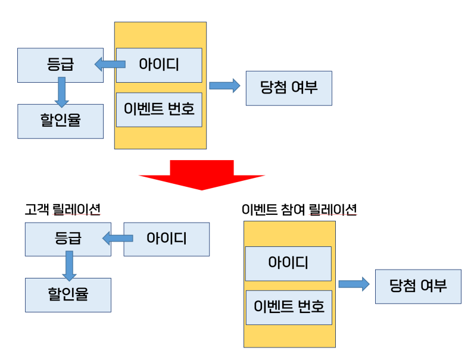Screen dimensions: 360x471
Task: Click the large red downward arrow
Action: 201,174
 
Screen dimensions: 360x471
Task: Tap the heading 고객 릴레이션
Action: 63,209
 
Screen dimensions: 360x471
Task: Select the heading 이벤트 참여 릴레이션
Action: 299,209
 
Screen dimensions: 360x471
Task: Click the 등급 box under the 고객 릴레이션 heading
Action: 68,239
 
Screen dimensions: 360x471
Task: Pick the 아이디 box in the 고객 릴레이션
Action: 167,239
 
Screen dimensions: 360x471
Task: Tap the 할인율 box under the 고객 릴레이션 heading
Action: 68,295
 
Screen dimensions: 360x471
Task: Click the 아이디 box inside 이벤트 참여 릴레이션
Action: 288,263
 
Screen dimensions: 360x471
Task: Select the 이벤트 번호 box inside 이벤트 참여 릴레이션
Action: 288,307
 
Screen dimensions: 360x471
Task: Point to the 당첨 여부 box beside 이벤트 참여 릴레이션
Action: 418,286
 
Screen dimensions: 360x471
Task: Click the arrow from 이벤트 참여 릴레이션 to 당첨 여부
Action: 354,284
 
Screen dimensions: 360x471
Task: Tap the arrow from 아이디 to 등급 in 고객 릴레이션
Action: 117,239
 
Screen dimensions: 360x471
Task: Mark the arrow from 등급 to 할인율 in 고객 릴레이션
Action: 69,265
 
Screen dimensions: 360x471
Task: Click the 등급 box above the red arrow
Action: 60,65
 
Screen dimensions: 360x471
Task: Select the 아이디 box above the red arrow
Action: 159,65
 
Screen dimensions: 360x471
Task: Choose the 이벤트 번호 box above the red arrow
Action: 159,109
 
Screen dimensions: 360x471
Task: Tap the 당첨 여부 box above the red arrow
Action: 289,88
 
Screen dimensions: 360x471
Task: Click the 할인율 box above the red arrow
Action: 60,121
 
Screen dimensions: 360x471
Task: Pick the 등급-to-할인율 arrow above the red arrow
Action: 61,93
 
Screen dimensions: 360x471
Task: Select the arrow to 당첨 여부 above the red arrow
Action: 224,86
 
